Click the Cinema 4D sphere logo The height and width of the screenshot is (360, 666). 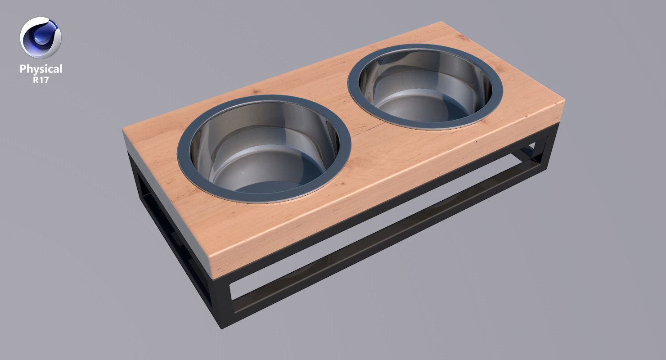pyautogui.click(x=40, y=38)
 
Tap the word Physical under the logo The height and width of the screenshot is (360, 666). pyautogui.click(x=40, y=69)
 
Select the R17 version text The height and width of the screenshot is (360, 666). pyautogui.click(x=40, y=80)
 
